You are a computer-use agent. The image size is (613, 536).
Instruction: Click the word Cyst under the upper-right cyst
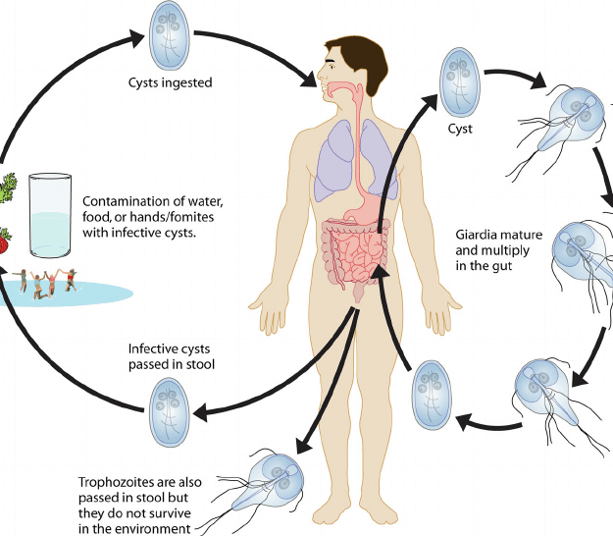click(461, 129)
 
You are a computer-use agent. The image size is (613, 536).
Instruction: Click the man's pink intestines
click(353, 252)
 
